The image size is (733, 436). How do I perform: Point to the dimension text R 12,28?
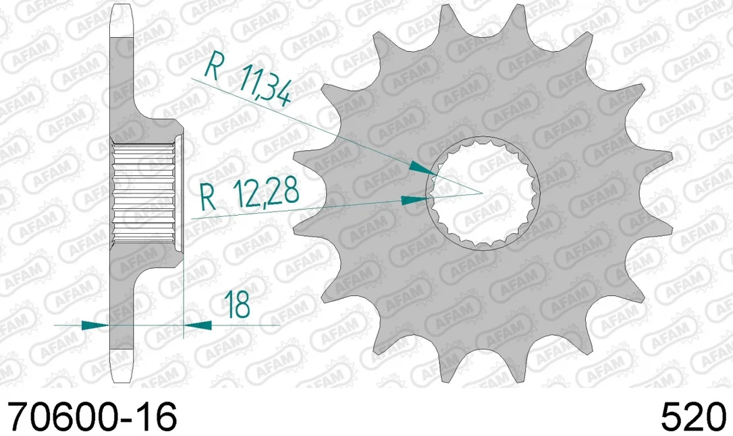(x=249, y=194)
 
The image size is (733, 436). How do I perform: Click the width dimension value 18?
(x=237, y=305)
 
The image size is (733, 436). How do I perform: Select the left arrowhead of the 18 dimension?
(x=95, y=325)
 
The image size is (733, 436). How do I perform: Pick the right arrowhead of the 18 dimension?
(x=198, y=325)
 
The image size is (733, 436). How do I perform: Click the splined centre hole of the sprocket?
(x=483, y=193)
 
